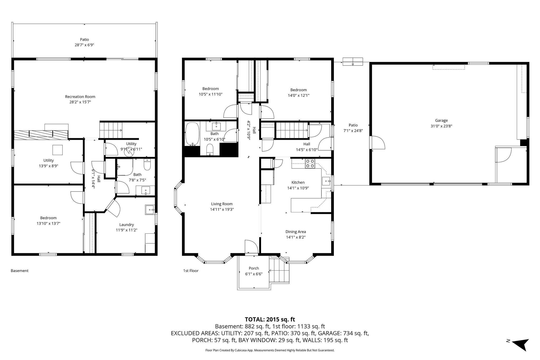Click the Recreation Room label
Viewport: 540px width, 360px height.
point(80,97)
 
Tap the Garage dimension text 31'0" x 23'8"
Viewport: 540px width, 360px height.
point(441,126)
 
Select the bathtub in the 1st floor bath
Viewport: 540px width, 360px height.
point(192,134)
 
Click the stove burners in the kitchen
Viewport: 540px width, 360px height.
point(310,164)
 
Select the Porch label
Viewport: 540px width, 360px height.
point(254,268)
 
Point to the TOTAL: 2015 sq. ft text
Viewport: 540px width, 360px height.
point(270,319)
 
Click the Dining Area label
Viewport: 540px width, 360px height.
point(296,232)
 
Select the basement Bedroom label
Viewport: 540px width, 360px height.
point(48,218)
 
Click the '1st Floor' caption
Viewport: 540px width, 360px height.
point(191,271)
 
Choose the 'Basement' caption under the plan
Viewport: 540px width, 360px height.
point(20,271)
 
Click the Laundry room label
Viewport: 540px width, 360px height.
point(127,225)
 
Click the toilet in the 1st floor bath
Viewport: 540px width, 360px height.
point(210,150)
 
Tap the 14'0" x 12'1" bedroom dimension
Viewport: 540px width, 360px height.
point(298,95)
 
